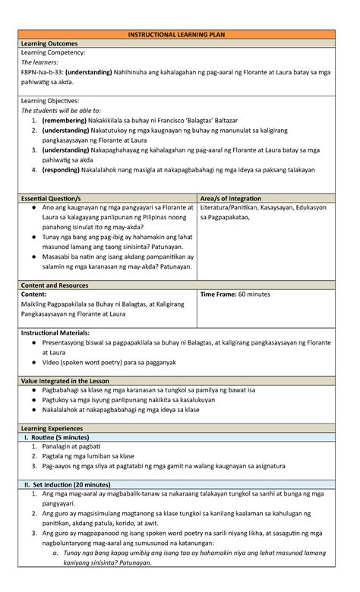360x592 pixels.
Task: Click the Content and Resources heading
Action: [x=58, y=285]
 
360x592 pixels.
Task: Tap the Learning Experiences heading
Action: [x=56, y=429]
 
